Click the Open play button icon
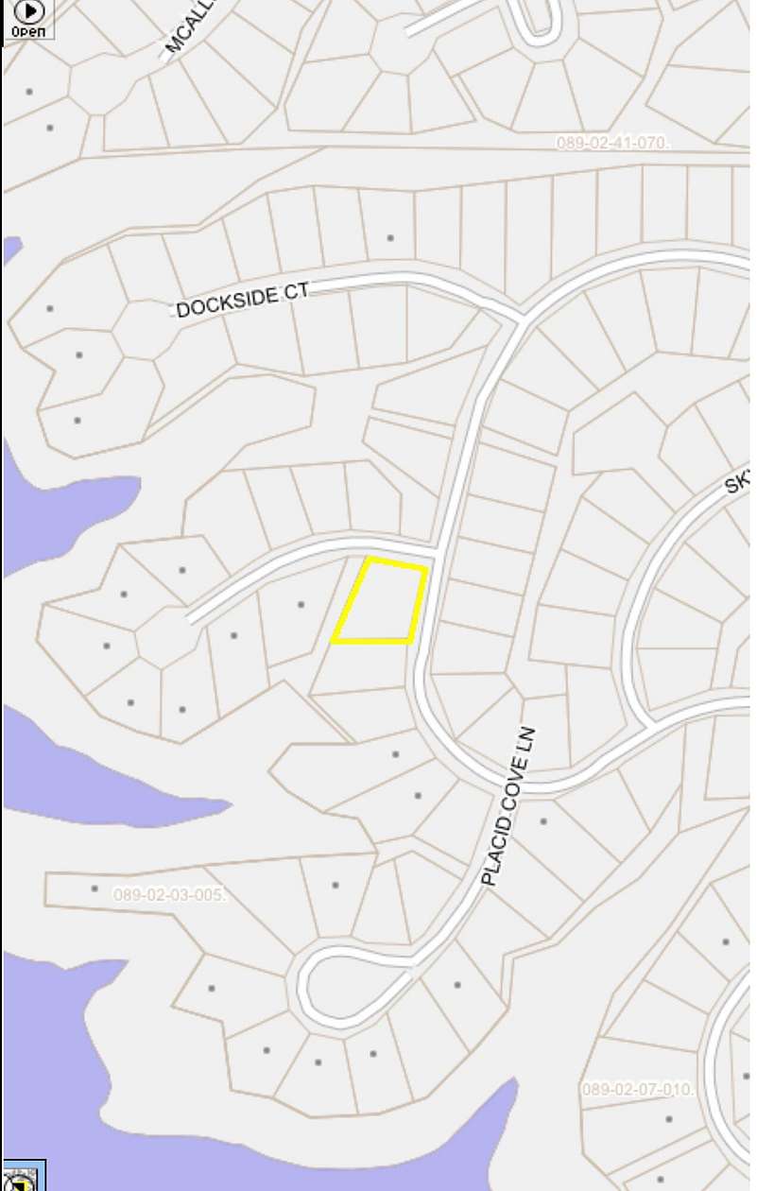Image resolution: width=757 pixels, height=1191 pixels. coord(28,11)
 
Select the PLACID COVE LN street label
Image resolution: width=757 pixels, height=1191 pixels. coord(508,806)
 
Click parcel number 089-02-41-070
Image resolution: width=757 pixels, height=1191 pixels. coord(612,143)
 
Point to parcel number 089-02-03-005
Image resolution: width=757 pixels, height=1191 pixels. coord(169,894)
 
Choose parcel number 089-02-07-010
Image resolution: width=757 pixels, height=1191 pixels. coord(638,1089)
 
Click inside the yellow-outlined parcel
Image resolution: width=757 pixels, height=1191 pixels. coord(381,602)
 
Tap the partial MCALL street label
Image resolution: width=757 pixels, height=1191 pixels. coord(190,26)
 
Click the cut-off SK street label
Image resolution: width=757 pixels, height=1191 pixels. coord(737,484)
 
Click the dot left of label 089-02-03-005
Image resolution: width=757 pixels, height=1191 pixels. coord(95,889)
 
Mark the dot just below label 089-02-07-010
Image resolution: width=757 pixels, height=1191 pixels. coord(669,1119)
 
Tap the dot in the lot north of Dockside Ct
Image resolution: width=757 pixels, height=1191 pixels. coord(389,237)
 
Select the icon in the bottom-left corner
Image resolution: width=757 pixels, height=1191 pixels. coord(19,1179)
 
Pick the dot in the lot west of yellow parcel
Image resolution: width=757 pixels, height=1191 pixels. coord(301,604)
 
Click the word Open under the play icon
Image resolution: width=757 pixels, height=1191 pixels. coord(28,31)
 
